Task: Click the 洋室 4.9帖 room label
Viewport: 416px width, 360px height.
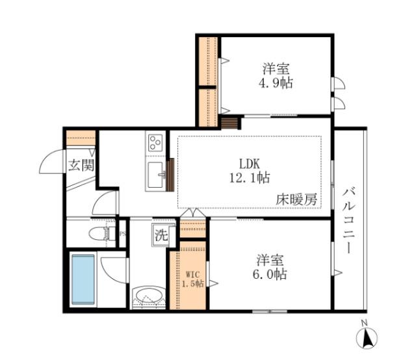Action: click(277, 75)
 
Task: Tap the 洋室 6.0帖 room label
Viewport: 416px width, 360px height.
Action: click(272, 266)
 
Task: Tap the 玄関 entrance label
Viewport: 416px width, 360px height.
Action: click(81, 164)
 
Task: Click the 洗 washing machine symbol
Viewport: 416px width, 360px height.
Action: click(161, 236)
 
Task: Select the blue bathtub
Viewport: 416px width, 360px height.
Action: click(84, 279)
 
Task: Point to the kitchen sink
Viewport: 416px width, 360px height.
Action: click(156, 174)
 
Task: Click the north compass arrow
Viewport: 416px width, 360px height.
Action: click(366, 338)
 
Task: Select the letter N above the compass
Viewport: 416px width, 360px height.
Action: click(365, 323)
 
